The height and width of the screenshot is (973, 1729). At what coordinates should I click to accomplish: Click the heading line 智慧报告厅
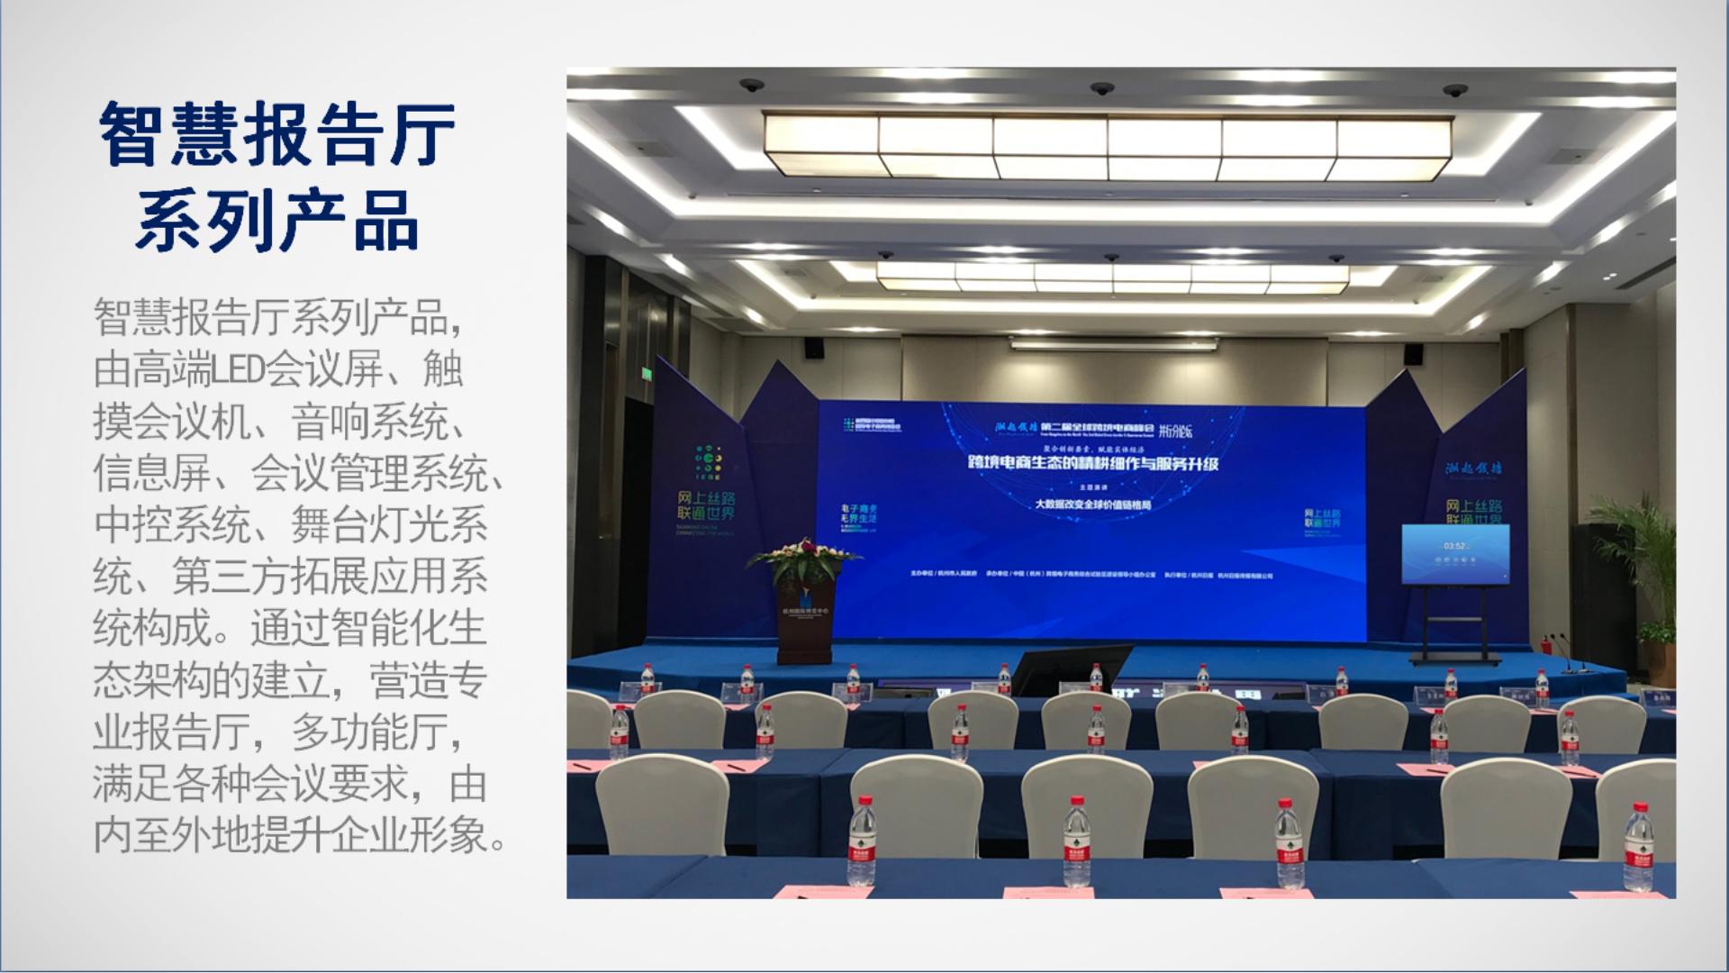tap(277, 135)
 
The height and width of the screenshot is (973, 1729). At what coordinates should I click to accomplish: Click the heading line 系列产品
tap(277, 221)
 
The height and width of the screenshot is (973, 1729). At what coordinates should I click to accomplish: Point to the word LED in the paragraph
tap(239, 370)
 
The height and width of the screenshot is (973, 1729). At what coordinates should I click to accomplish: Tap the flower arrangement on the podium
tap(803, 559)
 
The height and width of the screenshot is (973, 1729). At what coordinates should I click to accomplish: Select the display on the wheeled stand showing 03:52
tap(1454, 554)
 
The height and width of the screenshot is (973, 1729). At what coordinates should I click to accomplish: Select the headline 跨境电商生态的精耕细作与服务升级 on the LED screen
tap(1092, 463)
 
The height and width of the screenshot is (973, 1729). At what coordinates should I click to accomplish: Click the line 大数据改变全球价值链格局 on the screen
tap(1093, 505)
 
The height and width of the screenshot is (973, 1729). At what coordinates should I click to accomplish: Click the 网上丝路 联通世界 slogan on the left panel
tap(707, 505)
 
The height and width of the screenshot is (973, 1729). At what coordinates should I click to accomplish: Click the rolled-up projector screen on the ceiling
tap(1113, 342)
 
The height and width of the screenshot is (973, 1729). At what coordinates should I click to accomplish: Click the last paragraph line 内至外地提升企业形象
tap(298, 836)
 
